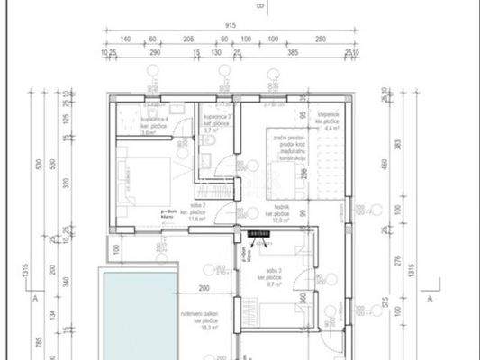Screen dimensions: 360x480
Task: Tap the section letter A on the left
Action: [33, 296]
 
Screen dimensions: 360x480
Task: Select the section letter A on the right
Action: [430, 296]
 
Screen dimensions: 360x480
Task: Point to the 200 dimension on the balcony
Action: [204, 288]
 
